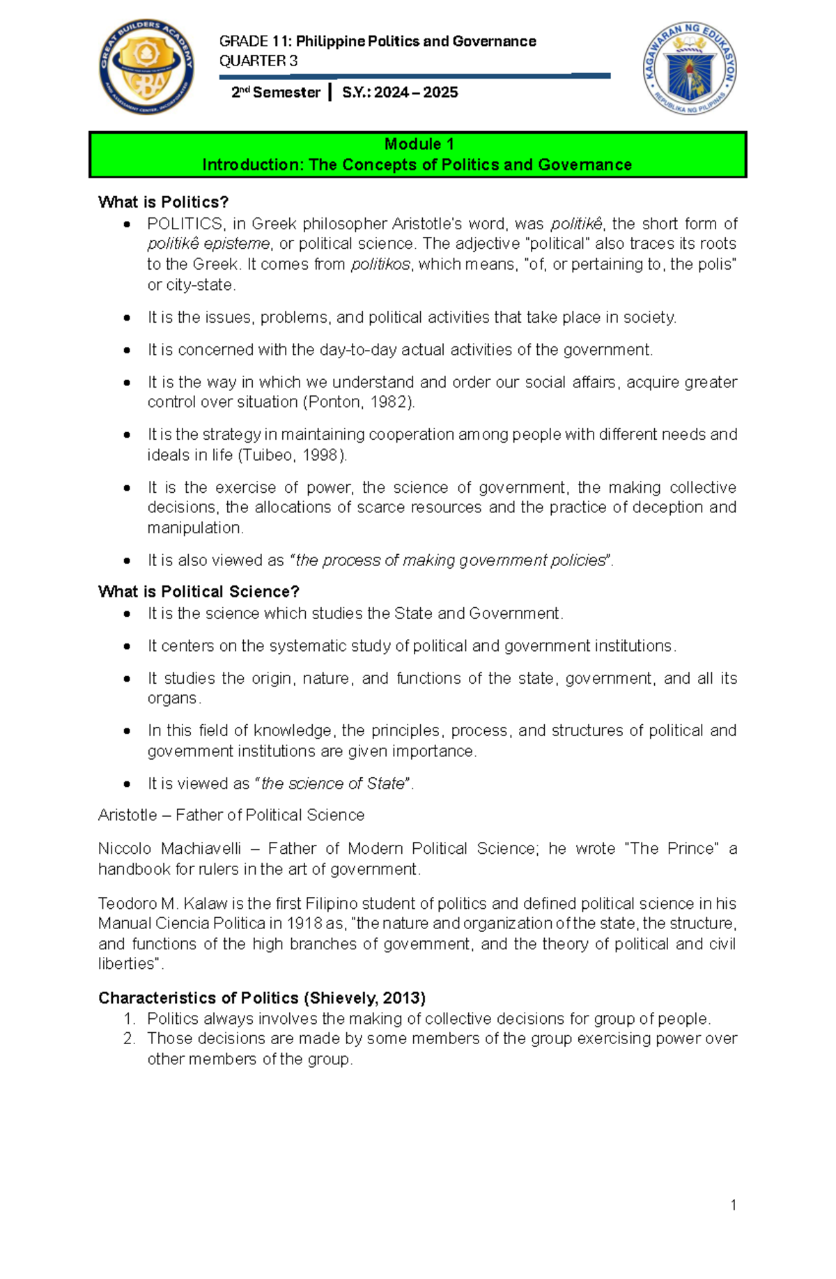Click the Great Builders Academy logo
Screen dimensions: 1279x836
146,67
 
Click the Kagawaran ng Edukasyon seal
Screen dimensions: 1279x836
690,68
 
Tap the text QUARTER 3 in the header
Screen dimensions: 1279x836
258,61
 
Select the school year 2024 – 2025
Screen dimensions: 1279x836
416,93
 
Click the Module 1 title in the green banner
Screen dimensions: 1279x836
419,144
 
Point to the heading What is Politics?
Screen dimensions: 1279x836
164,202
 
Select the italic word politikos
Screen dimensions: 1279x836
381,264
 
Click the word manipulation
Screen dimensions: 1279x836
194,528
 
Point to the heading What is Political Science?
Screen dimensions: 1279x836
199,592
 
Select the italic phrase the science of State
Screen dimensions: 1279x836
333,783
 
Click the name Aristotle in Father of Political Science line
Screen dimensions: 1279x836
127,815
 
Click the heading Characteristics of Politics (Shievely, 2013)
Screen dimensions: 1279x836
262,998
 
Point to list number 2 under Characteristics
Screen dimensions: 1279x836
129,1039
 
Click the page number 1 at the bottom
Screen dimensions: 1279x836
734,1205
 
